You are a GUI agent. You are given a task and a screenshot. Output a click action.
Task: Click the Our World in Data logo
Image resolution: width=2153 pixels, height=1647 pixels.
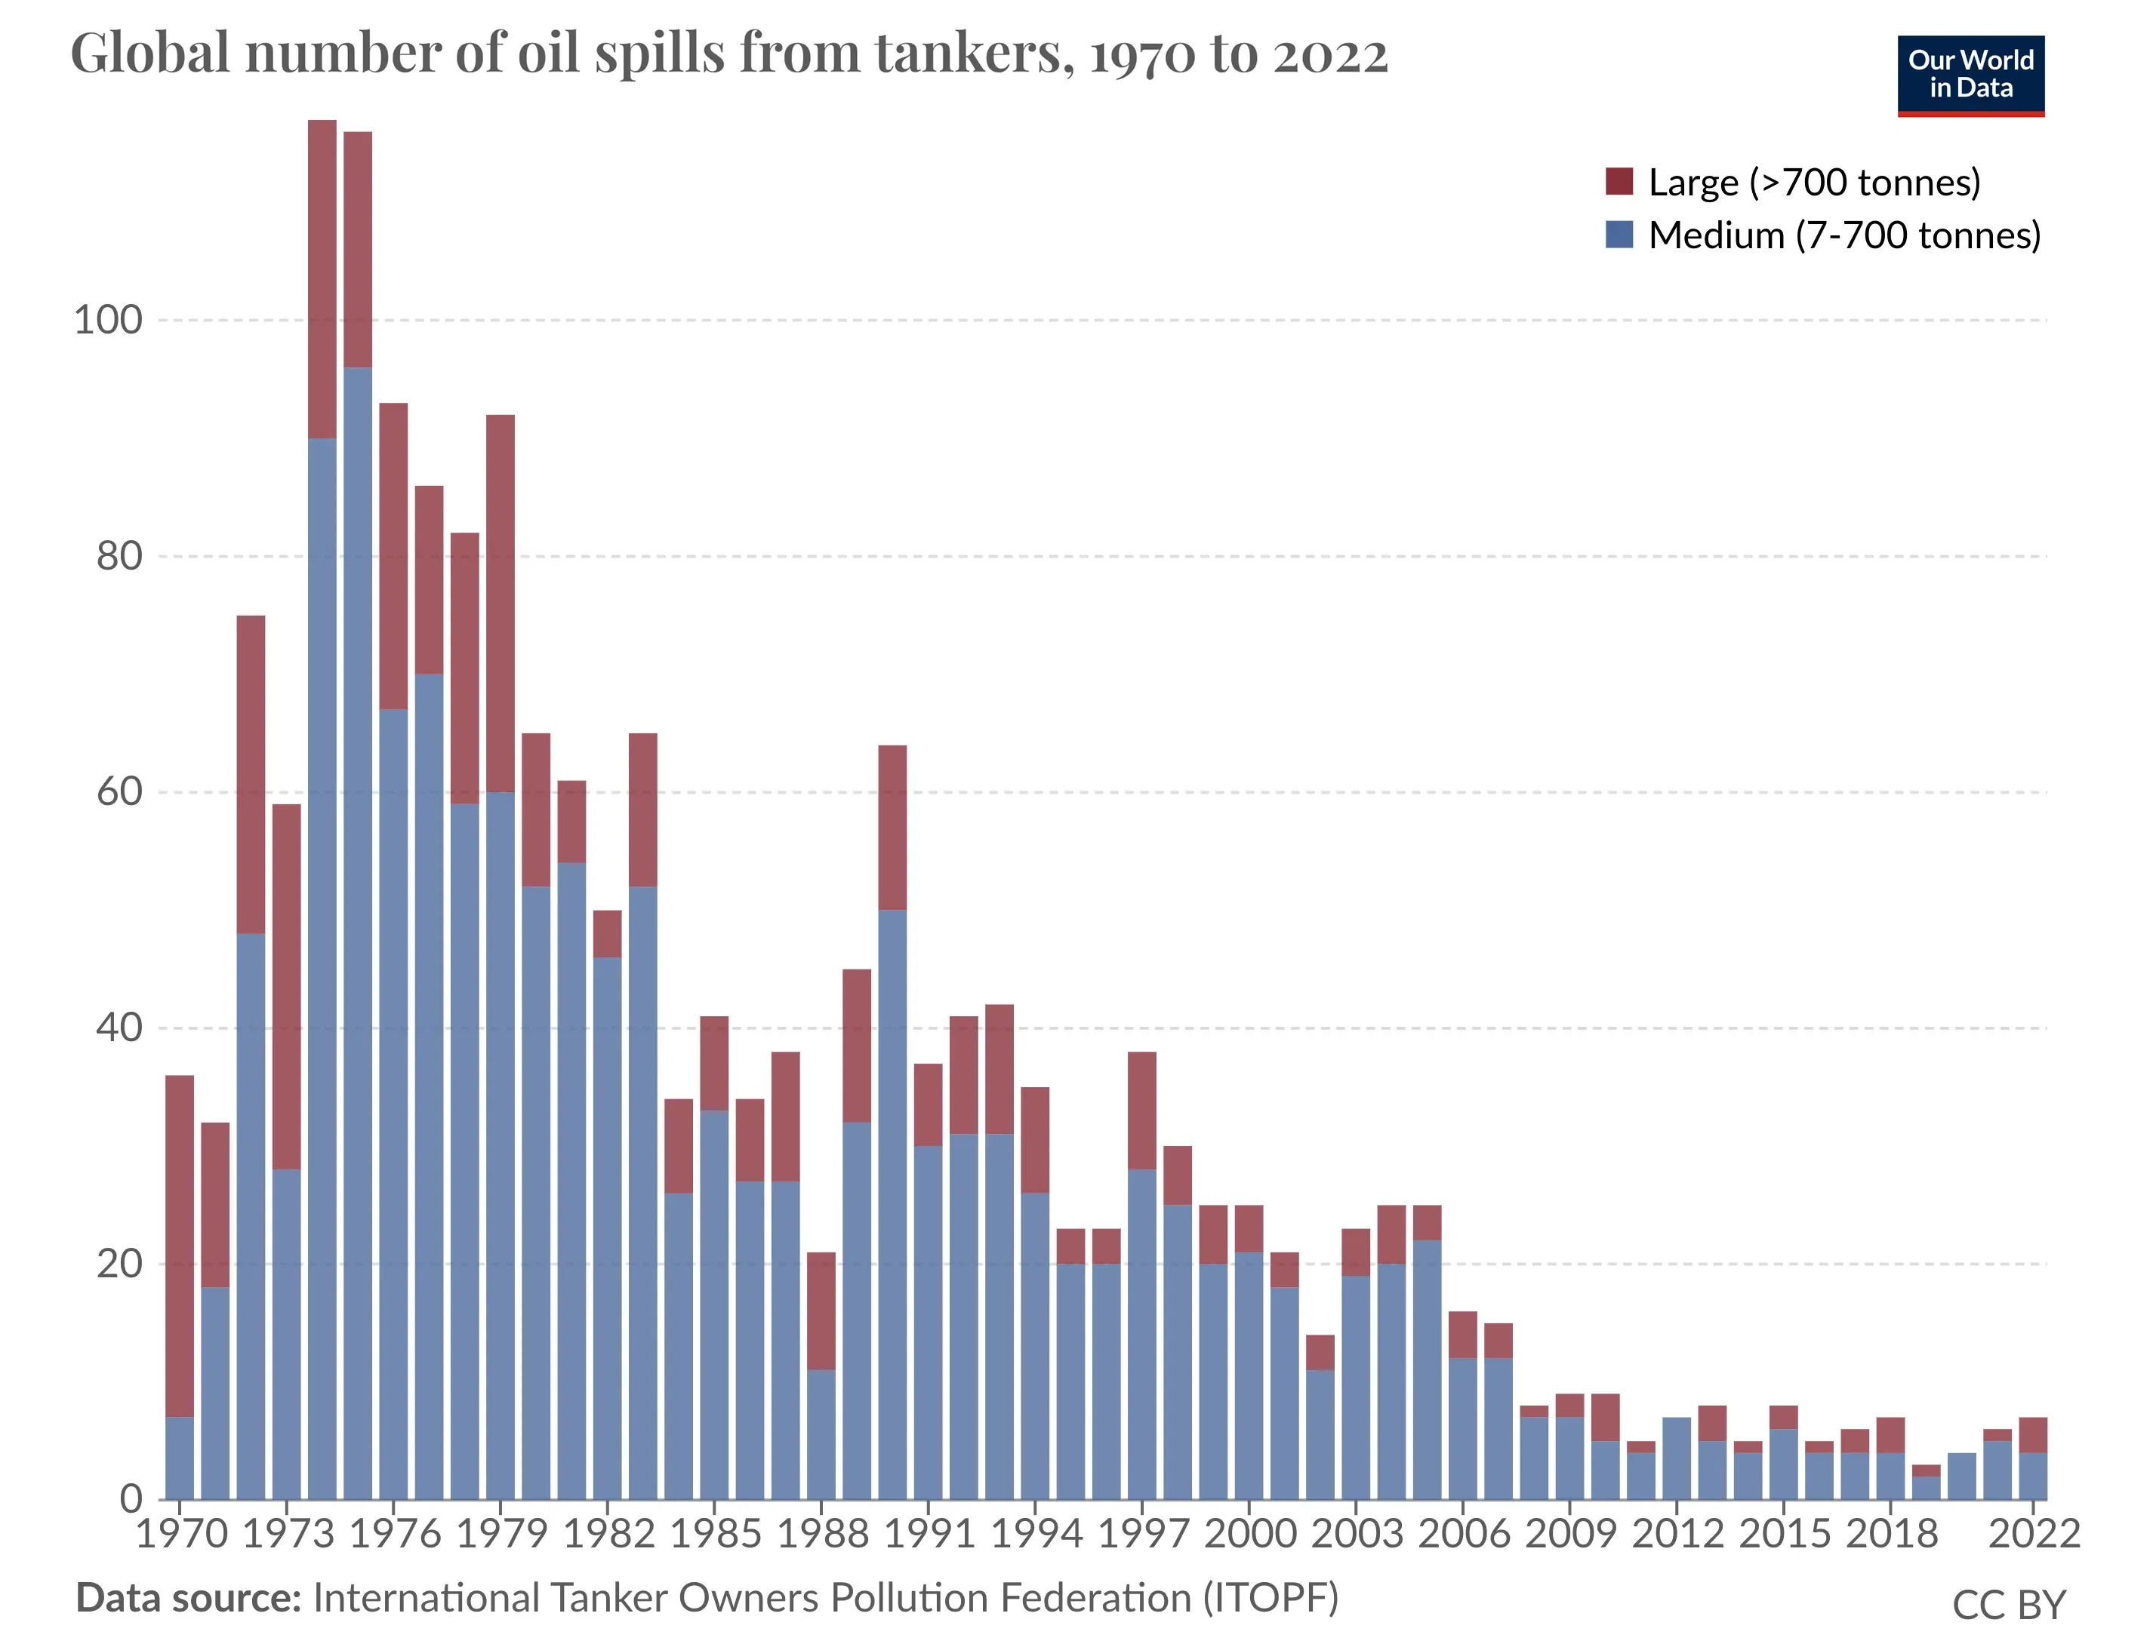(x=1970, y=75)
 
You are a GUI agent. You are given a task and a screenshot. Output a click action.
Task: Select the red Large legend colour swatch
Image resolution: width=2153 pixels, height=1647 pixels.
(x=1619, y=181)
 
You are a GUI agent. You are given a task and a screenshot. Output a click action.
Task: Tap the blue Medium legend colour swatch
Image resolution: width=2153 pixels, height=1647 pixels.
(x=1619, y=235)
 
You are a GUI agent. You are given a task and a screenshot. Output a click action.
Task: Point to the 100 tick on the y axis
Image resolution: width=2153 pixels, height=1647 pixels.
(x=108, y=320)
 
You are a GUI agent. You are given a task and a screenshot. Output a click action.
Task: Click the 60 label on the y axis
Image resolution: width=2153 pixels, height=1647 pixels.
(x=119, y=791)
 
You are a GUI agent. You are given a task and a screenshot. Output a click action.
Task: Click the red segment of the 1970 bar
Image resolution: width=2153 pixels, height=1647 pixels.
(x=180, y=1245)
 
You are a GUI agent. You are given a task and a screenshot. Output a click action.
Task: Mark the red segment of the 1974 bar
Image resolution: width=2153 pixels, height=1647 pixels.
(x=322, y=279)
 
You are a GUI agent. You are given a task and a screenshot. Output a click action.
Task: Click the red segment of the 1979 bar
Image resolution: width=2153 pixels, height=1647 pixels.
(x=501, y=603)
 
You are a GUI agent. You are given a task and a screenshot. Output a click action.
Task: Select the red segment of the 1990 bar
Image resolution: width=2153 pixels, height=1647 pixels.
(x=892, y=828)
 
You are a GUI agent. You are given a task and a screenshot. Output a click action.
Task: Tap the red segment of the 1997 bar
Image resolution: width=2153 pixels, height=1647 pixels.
(x=1141, y=1110)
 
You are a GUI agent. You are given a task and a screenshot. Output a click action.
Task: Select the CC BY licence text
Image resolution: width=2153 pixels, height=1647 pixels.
(x=2008, y=1605)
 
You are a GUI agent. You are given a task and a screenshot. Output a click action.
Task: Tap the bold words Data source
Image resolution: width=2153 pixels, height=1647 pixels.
(x=188, y=1598)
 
